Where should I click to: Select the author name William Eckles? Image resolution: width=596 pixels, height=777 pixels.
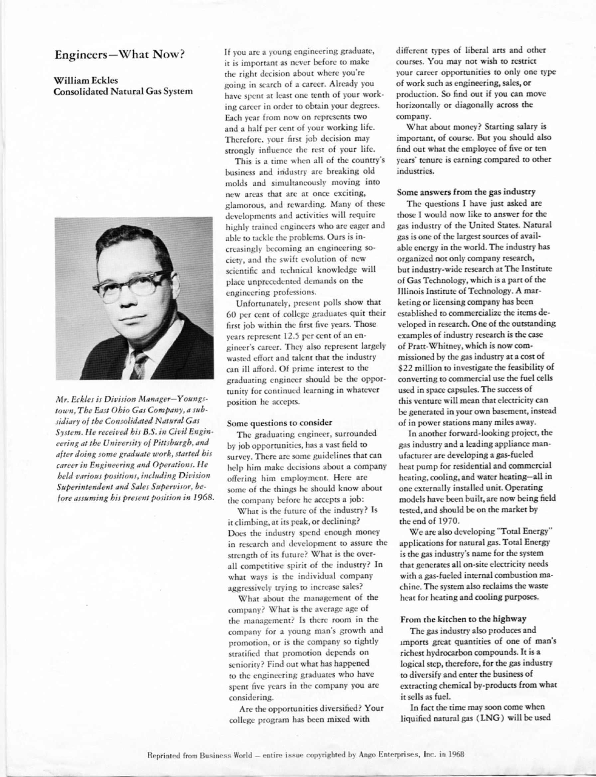tap(85, 80)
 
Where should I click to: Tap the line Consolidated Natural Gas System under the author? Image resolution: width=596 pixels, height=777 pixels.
tap(123, 91)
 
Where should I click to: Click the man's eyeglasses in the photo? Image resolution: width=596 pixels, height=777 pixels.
tap(131, 284)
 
